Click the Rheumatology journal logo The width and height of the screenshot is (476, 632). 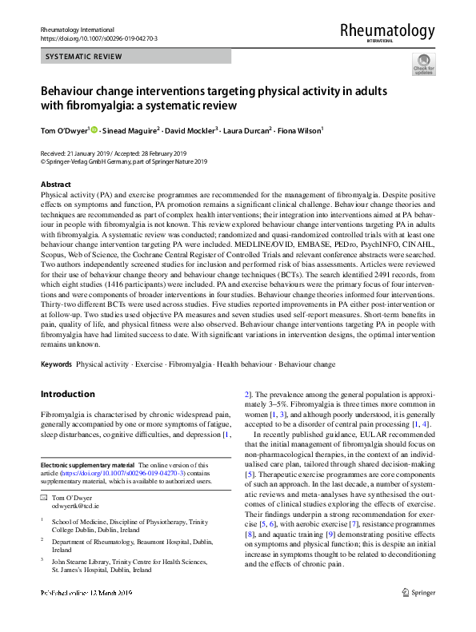click(387, 32)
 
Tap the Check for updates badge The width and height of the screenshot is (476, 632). click(423, 64)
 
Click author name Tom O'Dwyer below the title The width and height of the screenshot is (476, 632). click(64, 130)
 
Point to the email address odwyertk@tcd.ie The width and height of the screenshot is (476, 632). click(71, 507)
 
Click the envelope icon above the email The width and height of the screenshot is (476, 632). click(44, 498)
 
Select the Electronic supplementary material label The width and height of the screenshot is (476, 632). click(87, 464)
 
